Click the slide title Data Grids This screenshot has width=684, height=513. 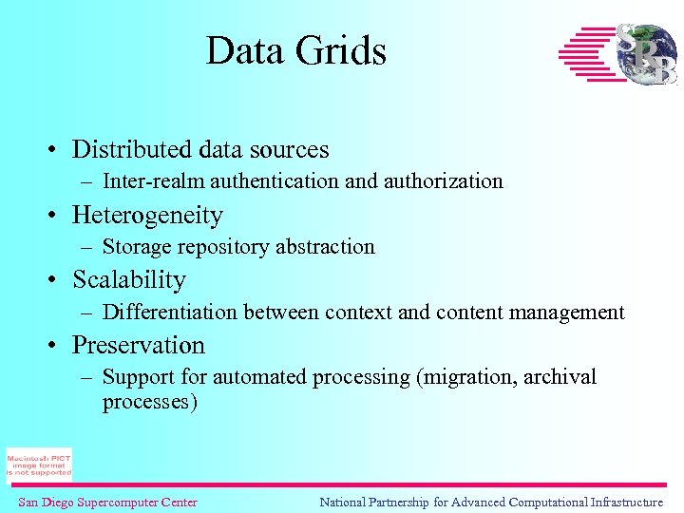(296, 50)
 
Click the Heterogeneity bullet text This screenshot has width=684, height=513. (147, 215)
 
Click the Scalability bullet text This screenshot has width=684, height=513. (129, 280)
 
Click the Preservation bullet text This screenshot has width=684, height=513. (139, 345)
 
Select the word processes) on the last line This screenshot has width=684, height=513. (150, 402)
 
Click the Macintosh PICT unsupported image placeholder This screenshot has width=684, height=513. (39, 465)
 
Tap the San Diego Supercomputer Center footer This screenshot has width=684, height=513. (108, 503)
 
